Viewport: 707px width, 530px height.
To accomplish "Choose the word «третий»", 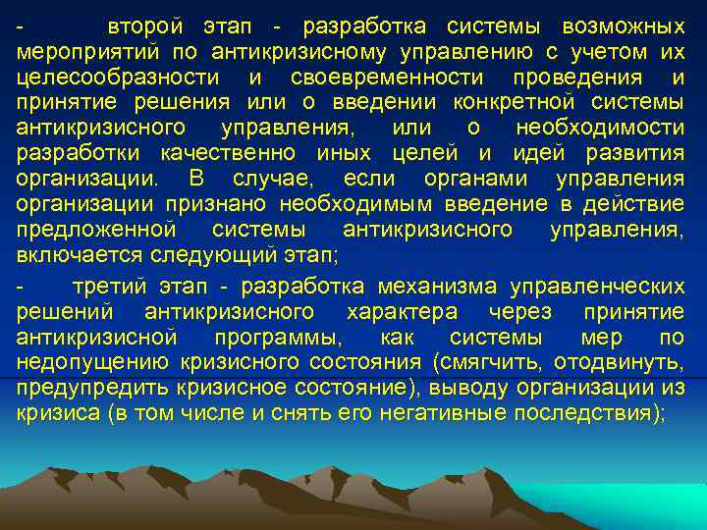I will (x=108, y=287).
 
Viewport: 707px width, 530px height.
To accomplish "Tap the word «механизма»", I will (x=436, y=287).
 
